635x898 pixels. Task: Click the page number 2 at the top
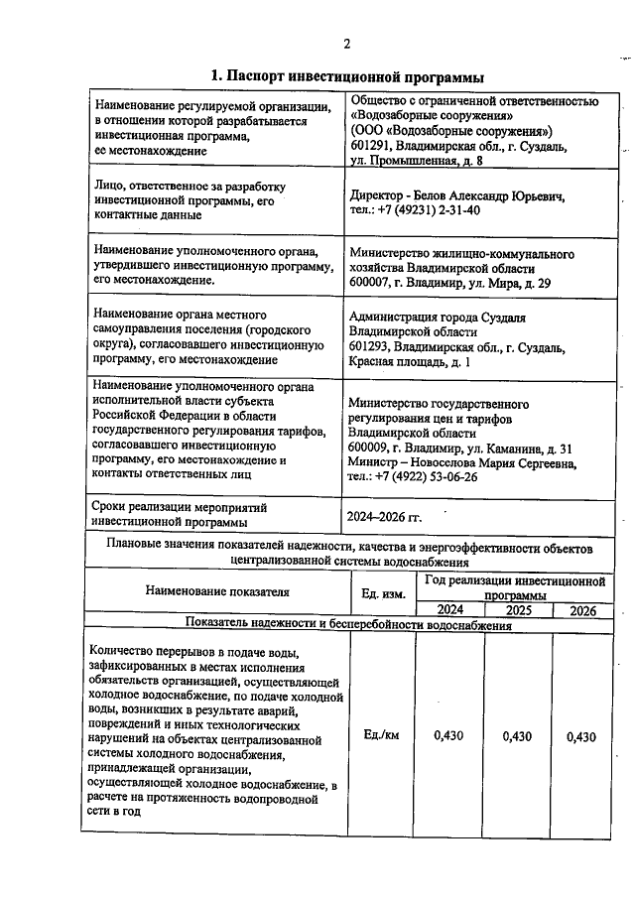tap(347, 43)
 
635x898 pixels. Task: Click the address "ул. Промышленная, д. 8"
tap(418, 160)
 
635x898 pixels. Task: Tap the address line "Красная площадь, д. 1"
tap(411, 363)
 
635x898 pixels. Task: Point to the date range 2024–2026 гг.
tap(383, 517)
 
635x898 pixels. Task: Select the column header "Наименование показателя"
tap(217, 592)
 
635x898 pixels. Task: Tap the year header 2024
tap(449, 610)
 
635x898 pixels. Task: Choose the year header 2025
tap(518, 610)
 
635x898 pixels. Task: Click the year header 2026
tap(583, 610)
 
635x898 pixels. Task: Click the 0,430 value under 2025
tap(518, 736)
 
